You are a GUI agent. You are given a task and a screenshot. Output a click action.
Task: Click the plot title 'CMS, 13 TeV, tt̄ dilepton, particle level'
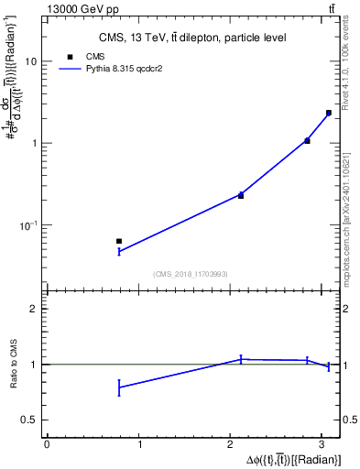click(x=192, y=38)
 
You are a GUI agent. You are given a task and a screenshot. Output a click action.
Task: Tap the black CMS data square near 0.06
click(x=119, y=241)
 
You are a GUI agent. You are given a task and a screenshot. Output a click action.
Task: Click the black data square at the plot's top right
click(x=328, y=113)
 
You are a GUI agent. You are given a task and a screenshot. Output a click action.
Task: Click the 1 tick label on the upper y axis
click(x=34, y=143)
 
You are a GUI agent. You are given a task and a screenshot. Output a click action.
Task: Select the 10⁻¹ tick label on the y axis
click(x=27, y=225)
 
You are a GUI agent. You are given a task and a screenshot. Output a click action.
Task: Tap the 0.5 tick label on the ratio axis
click(x=30, y=420)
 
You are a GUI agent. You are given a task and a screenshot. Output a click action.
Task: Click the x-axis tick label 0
click(x=47, y=445)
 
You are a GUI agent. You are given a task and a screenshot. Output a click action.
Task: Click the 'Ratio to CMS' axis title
click(x=13, y=365)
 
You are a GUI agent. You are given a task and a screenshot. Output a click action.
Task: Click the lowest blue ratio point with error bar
click(x=119, y=387)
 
